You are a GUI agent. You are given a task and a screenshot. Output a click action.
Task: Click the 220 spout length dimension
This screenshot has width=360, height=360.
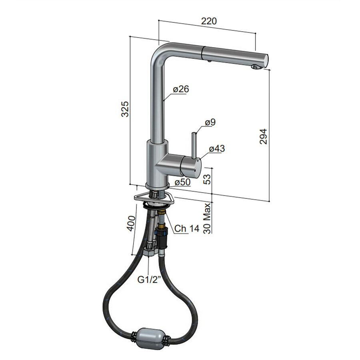(208, 21)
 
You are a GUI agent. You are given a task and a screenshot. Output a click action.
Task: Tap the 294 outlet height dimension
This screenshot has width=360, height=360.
(263, 136)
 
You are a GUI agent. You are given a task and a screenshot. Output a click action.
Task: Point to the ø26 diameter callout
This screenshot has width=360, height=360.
(181, 89)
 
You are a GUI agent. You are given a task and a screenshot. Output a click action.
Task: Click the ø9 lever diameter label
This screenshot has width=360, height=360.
(210, 122)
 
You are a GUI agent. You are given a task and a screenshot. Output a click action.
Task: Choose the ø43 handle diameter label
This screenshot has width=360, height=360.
(216, 149)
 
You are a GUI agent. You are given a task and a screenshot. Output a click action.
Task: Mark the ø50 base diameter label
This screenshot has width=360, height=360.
(182, 182)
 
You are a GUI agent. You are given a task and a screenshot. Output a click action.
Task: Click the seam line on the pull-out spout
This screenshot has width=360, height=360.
(204, 52)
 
